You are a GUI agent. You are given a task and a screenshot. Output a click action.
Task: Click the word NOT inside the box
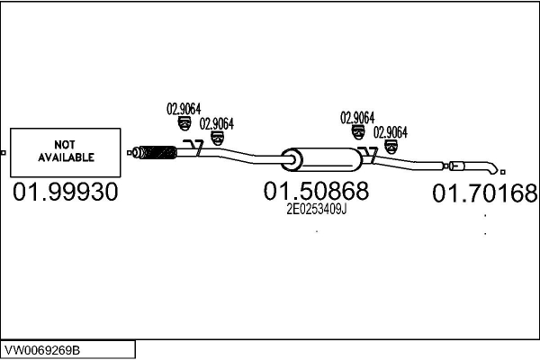coord(65,144)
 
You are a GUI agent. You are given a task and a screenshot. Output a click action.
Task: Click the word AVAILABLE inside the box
coord(66,157)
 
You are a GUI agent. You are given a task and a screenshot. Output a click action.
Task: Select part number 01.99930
coord(66,192)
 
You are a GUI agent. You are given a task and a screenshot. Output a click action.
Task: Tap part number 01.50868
coord(316,191)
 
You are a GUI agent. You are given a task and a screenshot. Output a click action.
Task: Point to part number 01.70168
coord(485,193)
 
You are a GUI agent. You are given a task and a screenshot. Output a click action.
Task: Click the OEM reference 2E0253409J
coord(317,209)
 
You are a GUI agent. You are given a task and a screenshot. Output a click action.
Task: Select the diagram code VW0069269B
coord(42,350)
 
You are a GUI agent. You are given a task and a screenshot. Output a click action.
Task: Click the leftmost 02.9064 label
coord(184,109)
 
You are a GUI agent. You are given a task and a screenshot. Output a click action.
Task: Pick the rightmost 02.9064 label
coord(391,132)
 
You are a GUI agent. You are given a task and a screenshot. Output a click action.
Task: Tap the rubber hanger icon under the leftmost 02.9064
coord(184,123)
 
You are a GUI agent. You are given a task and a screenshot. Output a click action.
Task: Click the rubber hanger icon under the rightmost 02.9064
coord(391,147)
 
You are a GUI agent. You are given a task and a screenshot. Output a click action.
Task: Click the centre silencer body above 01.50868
coord(322,159)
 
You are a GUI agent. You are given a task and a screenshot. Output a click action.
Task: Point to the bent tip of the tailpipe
coord(494,169)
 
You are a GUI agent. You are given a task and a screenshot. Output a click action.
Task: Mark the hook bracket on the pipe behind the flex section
coord(194,148)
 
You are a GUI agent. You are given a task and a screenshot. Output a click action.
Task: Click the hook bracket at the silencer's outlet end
coord(369,154)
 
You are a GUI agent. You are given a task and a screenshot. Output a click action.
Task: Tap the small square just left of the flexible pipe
coord(129,153)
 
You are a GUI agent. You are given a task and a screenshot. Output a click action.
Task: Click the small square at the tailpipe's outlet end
coord(503,172)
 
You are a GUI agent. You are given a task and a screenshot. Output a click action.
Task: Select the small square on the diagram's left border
coord(3,153)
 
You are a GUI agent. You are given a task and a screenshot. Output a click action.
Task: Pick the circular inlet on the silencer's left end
coord(292,160)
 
